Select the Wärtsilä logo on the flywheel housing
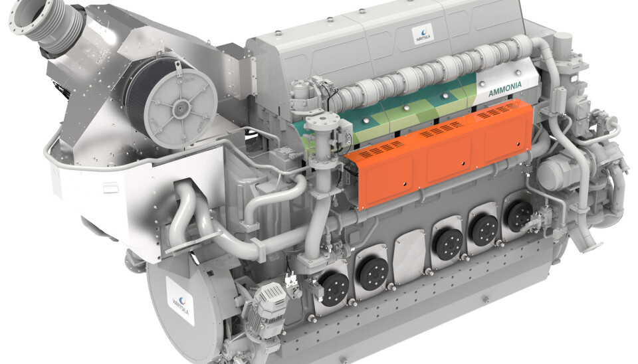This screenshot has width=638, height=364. point(180,300)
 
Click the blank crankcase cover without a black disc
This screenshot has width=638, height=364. point(410,256)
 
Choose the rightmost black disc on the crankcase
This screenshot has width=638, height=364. point(520,216)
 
